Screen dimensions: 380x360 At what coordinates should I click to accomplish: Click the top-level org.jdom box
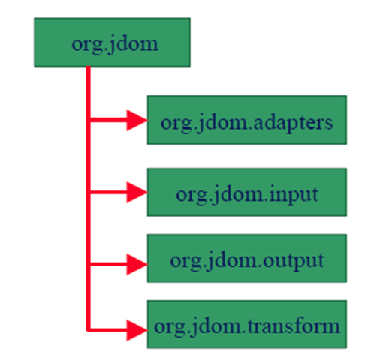(x=112, y=42)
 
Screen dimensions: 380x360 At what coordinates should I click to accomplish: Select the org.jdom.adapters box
(x=247, y=120)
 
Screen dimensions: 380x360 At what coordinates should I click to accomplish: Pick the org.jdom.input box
(x=247, y=192)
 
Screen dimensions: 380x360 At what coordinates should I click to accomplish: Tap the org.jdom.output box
(x=247, y=258)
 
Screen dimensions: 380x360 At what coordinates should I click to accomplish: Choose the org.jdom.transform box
(x=247, y=324)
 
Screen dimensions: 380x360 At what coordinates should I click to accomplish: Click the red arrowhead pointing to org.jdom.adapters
(x=137, y=120)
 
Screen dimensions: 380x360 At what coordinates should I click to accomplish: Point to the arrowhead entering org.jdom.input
(x=137, y=192)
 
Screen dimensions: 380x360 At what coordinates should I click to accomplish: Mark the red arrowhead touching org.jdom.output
(x=137, y=264)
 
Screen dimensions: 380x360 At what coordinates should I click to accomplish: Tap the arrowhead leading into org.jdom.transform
(x=137, y=330)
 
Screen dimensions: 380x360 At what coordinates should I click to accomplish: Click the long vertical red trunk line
(x=88, y=199)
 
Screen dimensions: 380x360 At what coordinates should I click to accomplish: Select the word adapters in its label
(x=293, y=123)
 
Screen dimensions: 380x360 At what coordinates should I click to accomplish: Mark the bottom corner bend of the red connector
(x=88, y=330)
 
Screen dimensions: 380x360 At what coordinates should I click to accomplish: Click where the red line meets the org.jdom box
(x=88, y=67)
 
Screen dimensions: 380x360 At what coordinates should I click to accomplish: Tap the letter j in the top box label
(x=111, y=45)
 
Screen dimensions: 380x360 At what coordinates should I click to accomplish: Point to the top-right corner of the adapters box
(x=347, y=95)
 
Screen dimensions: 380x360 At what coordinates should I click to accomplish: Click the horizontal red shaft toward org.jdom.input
(x=108, y=192)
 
